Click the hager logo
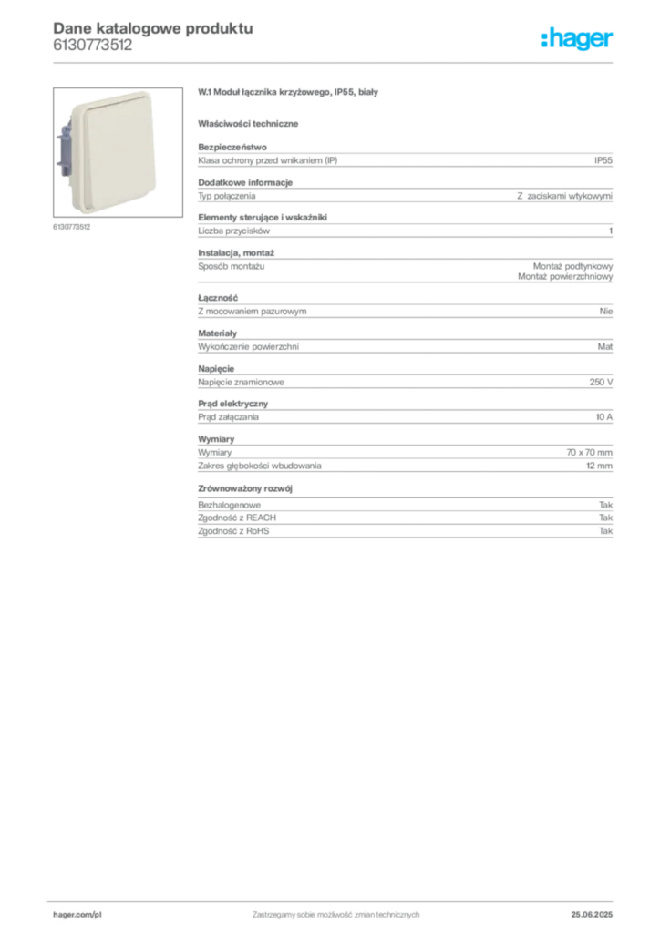click(576, 38)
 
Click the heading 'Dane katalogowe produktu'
click(153, 28)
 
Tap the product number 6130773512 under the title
click(93, 45)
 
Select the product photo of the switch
click(118, 152)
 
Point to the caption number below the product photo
click(71, 227)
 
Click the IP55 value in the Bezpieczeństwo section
click(603, 160)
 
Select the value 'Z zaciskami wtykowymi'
click(565, 196)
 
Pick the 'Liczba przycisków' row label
click(234, 231)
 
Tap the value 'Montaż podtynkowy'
click(572, 266)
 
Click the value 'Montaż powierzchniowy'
click(565, 276)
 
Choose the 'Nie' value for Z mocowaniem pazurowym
click(606, 312)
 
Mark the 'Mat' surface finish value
click(604, 346)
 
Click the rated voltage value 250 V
click(601, 382)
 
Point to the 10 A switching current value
click(604, 417)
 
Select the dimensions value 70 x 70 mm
click(589, 452)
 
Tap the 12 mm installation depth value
click(599, 466)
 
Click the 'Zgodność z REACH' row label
click(237, 518)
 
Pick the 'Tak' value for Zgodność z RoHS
click(606, 531)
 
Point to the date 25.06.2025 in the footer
click(592, 915)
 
